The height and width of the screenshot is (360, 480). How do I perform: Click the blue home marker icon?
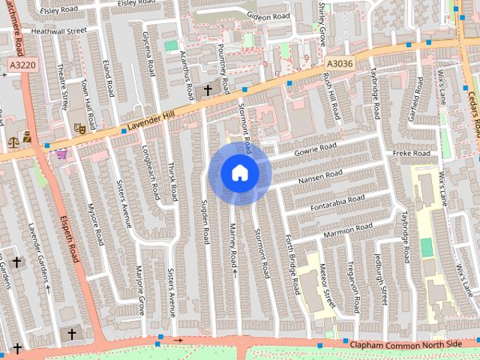[240, 172]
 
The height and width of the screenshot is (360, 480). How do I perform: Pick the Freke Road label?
[410, 154]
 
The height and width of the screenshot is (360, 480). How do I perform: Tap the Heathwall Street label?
[54, 31]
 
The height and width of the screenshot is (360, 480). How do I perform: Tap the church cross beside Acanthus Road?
[208, 90]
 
